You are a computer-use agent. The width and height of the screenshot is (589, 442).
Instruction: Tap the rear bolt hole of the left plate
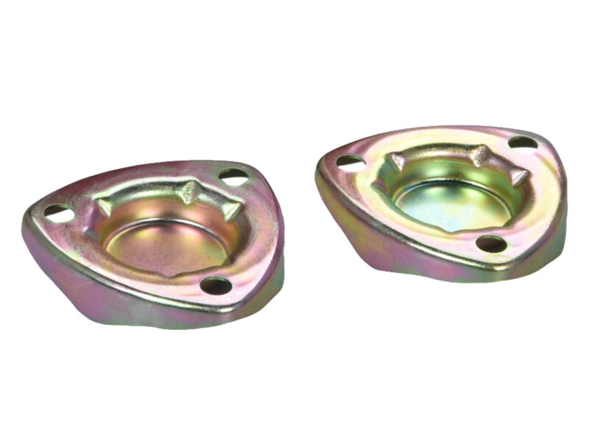point(233,176)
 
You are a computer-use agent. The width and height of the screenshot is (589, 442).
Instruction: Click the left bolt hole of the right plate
point(350,161)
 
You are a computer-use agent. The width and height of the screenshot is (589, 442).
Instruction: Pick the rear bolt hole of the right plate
point(522,142)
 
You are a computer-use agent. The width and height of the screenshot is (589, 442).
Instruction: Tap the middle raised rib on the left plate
point(191,194)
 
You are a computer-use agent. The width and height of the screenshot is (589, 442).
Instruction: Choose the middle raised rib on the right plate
point(479,155)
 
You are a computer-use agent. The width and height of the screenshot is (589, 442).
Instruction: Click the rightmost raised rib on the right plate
point(518,177)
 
